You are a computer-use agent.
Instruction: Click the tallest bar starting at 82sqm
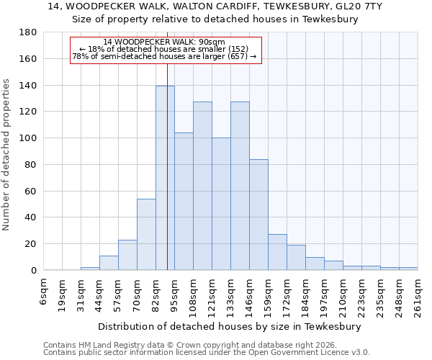point(165,178)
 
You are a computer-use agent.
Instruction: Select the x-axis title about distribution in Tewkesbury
point(230,326)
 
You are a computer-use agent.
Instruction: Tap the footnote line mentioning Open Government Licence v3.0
point(206,353)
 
